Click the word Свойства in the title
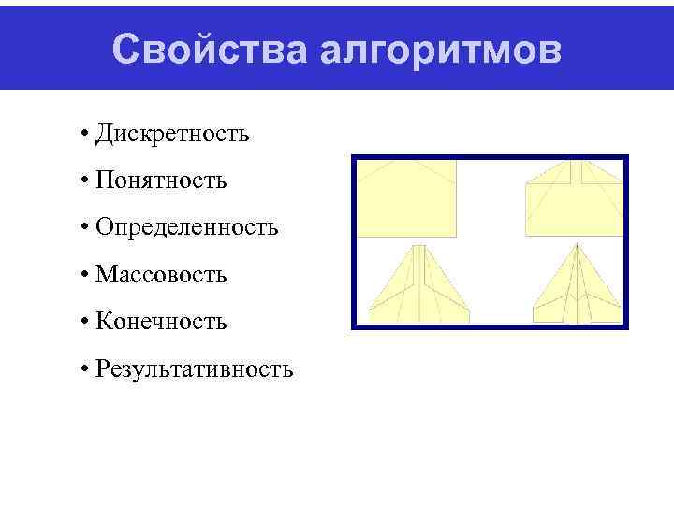pos(210,50)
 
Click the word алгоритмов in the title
pos(441,51)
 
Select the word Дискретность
pos(173,134)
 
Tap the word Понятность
pos(162,180)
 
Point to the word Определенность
pos(187,228)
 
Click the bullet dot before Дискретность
pos(84,134)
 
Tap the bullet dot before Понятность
pos(84,180)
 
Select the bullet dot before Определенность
pos(84,228)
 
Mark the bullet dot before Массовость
pos(84,275)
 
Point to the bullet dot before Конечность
pos(84,323)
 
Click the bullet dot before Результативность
pos(84,370)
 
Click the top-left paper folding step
pos(408,195)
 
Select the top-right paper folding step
pos(574,195)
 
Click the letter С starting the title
pos(125,50)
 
